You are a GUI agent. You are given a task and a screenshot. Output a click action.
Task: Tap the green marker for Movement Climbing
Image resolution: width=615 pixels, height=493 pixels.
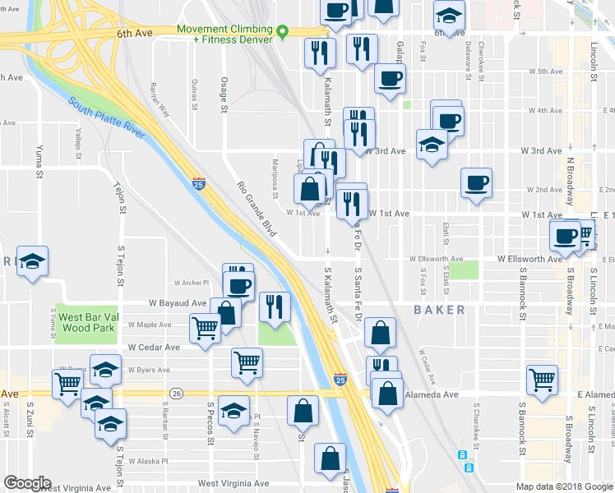click(x=283, y=32)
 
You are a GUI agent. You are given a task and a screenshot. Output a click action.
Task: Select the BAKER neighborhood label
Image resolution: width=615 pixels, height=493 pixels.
click(x=439, y=310)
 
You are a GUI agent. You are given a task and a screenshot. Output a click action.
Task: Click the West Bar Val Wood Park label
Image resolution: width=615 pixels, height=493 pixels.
click(x=90, y=324)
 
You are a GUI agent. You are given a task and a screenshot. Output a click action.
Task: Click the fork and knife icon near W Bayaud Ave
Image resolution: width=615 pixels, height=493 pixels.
click(x=275, y=306)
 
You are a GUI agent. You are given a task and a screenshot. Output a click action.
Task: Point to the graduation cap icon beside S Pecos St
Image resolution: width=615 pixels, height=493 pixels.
click(x=234, y=410)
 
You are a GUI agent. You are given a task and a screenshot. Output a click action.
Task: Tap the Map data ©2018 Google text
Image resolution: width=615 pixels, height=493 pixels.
click(x=564, y=486)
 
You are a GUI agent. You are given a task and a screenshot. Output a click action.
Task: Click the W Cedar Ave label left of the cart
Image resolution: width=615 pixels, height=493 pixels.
click(x=154, y=348)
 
